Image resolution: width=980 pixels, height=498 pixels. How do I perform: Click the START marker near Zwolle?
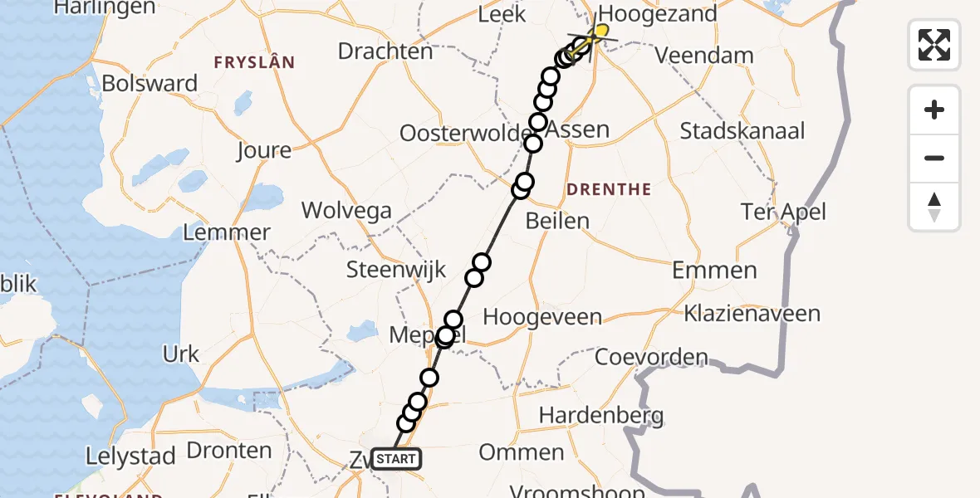coord(396,459)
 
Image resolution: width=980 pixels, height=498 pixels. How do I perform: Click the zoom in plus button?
coord(934,110)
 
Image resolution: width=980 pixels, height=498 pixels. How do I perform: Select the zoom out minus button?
coord(934,158)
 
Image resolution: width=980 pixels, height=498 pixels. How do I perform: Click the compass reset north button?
coord(934,207)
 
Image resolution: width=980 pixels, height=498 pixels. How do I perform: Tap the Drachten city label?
coord(385,51)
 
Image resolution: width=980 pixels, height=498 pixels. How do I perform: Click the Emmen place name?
coord(714,270)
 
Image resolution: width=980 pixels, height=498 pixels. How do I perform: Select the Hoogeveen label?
coord(541,317)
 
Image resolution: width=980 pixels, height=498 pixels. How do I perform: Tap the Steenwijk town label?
coord(396,270)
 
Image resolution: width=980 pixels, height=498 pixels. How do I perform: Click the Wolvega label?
coord(346,210)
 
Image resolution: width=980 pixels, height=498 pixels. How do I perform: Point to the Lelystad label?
coord(131,456)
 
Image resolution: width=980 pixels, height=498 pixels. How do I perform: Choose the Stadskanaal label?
coord(742,131)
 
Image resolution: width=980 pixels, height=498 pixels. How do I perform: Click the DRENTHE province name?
coord(608,190)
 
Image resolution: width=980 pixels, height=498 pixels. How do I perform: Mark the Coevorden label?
coord(651,358)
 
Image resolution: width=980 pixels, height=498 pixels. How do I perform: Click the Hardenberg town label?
coord(601,414)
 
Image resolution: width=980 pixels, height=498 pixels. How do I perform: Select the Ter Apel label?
coord(784,212)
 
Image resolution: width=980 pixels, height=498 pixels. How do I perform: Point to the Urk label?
coord(181,354)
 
